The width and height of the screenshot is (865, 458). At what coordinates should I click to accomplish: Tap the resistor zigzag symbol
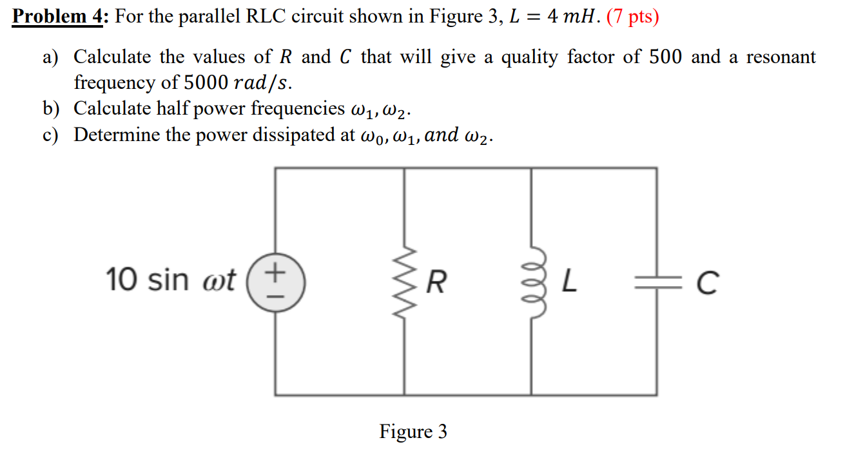point(405,281)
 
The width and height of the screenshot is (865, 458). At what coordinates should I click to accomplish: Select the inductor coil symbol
point(531,281)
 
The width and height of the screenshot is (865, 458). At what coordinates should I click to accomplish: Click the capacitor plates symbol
point(657,281)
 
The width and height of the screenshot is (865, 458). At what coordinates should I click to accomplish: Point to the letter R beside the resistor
point(436,282)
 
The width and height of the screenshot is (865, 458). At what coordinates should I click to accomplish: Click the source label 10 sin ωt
point(171,280)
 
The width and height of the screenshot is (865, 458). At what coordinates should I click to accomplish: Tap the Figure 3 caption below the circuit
point(413,431)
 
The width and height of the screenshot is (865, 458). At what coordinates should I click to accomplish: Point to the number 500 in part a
point(665,57)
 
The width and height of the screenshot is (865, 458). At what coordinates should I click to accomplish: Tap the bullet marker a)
point(51,57)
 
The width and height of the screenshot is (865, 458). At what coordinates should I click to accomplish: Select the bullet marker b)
point(51,109)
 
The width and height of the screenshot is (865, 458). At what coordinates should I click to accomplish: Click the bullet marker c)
point(51,135)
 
